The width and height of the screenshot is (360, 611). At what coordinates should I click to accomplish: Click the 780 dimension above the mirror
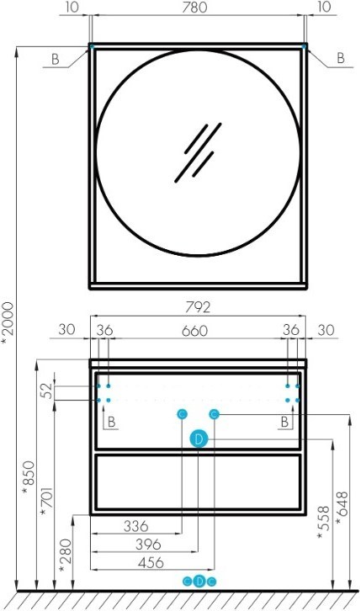pyautogui.click(x=194, y=7)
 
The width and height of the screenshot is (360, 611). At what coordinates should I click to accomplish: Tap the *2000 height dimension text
pyautogui.click(x=8, y=323)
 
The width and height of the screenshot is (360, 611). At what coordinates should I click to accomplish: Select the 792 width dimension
pyautogui.click(x=198, y=307)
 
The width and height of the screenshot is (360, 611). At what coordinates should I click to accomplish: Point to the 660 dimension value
pyautogui.click(x=195, y=331)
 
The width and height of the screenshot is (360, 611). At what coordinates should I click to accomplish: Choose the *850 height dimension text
pyautogui.click(x=29, y=478)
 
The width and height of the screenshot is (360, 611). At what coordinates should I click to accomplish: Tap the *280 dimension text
pyautogui.click(x=65, y=556)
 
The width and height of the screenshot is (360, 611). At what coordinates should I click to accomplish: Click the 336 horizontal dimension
pyautogui.click(x=136, y=527)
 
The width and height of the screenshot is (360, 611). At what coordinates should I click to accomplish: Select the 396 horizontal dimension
pyautogui.click(x=148, y=545)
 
